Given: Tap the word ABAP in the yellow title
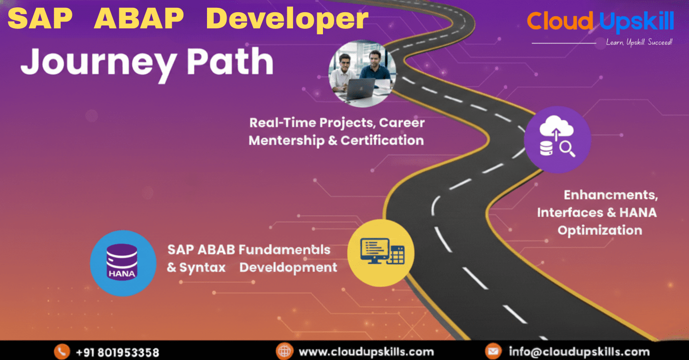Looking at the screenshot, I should (x=138, y=19).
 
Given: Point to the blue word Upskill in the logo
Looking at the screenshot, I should (x=636, y=22).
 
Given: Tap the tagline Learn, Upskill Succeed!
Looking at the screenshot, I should (x=639, y=43).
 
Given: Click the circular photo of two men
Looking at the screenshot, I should (x=362, y=73).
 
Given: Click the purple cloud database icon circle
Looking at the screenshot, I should (x=557, y=139).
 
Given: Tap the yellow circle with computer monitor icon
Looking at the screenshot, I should (x=381, y=252).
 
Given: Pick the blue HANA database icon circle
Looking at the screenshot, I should (x=123, y=263).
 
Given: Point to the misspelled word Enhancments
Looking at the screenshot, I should (x=611, y=195).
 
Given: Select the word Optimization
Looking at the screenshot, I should (x=600, y=230).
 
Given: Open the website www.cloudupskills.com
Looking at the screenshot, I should (x=366, y=352).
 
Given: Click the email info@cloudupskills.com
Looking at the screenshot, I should (x=579, y=352).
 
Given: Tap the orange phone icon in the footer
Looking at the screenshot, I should (x=62, y=352).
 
